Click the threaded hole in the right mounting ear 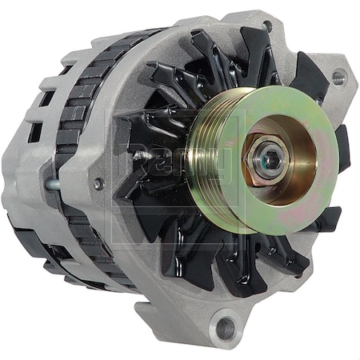(338, 78)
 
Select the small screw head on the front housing (98, 183)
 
